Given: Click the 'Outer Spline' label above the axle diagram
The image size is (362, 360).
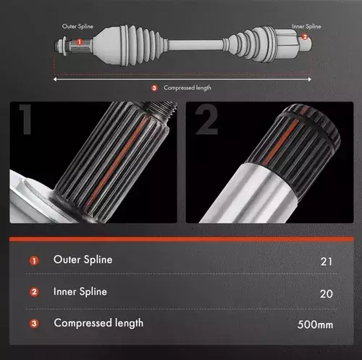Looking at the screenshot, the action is pos(77,26).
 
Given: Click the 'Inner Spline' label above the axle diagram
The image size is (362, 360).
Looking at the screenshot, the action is pos(306,26).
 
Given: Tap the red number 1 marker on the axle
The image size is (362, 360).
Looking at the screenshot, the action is pos(79,42).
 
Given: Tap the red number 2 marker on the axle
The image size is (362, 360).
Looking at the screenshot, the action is pos(305,37).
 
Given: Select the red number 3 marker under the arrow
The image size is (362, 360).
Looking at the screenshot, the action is pos(154,88).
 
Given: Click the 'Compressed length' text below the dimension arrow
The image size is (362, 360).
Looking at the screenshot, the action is pos(188,88).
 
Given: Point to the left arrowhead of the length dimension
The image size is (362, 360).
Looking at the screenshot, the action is pos(55,79).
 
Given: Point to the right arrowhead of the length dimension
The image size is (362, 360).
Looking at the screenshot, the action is pos(309,79).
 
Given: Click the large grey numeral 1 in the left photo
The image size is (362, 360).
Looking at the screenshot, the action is pos(25,119).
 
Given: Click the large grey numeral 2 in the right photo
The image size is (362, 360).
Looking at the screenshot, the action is pos(206,120).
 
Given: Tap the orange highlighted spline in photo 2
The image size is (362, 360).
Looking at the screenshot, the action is pos(284,139).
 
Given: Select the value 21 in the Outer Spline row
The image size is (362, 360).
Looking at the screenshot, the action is pos(327,261).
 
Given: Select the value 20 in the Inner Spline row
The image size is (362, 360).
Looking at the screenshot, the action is pos(327,294).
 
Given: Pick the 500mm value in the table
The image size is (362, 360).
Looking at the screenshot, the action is pos(315,325).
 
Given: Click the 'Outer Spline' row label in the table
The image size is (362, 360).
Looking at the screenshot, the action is pos(83,260).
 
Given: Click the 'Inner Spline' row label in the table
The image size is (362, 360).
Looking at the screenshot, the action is pos(80,292).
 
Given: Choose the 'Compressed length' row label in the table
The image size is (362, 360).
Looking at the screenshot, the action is pos(98,323).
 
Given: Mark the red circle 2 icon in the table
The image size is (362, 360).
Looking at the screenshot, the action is pos(34,292).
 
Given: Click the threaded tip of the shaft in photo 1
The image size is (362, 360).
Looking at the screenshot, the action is pos(161,109).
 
